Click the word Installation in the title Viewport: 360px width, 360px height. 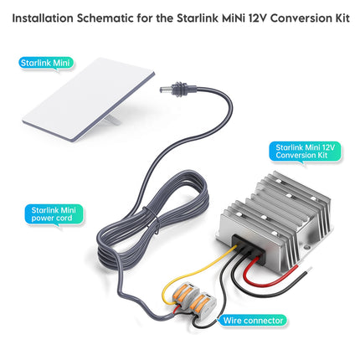[43, 18]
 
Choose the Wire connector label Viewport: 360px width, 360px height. [253, 319]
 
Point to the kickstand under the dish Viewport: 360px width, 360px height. [107, 123]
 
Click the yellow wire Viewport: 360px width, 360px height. [209, 260]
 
